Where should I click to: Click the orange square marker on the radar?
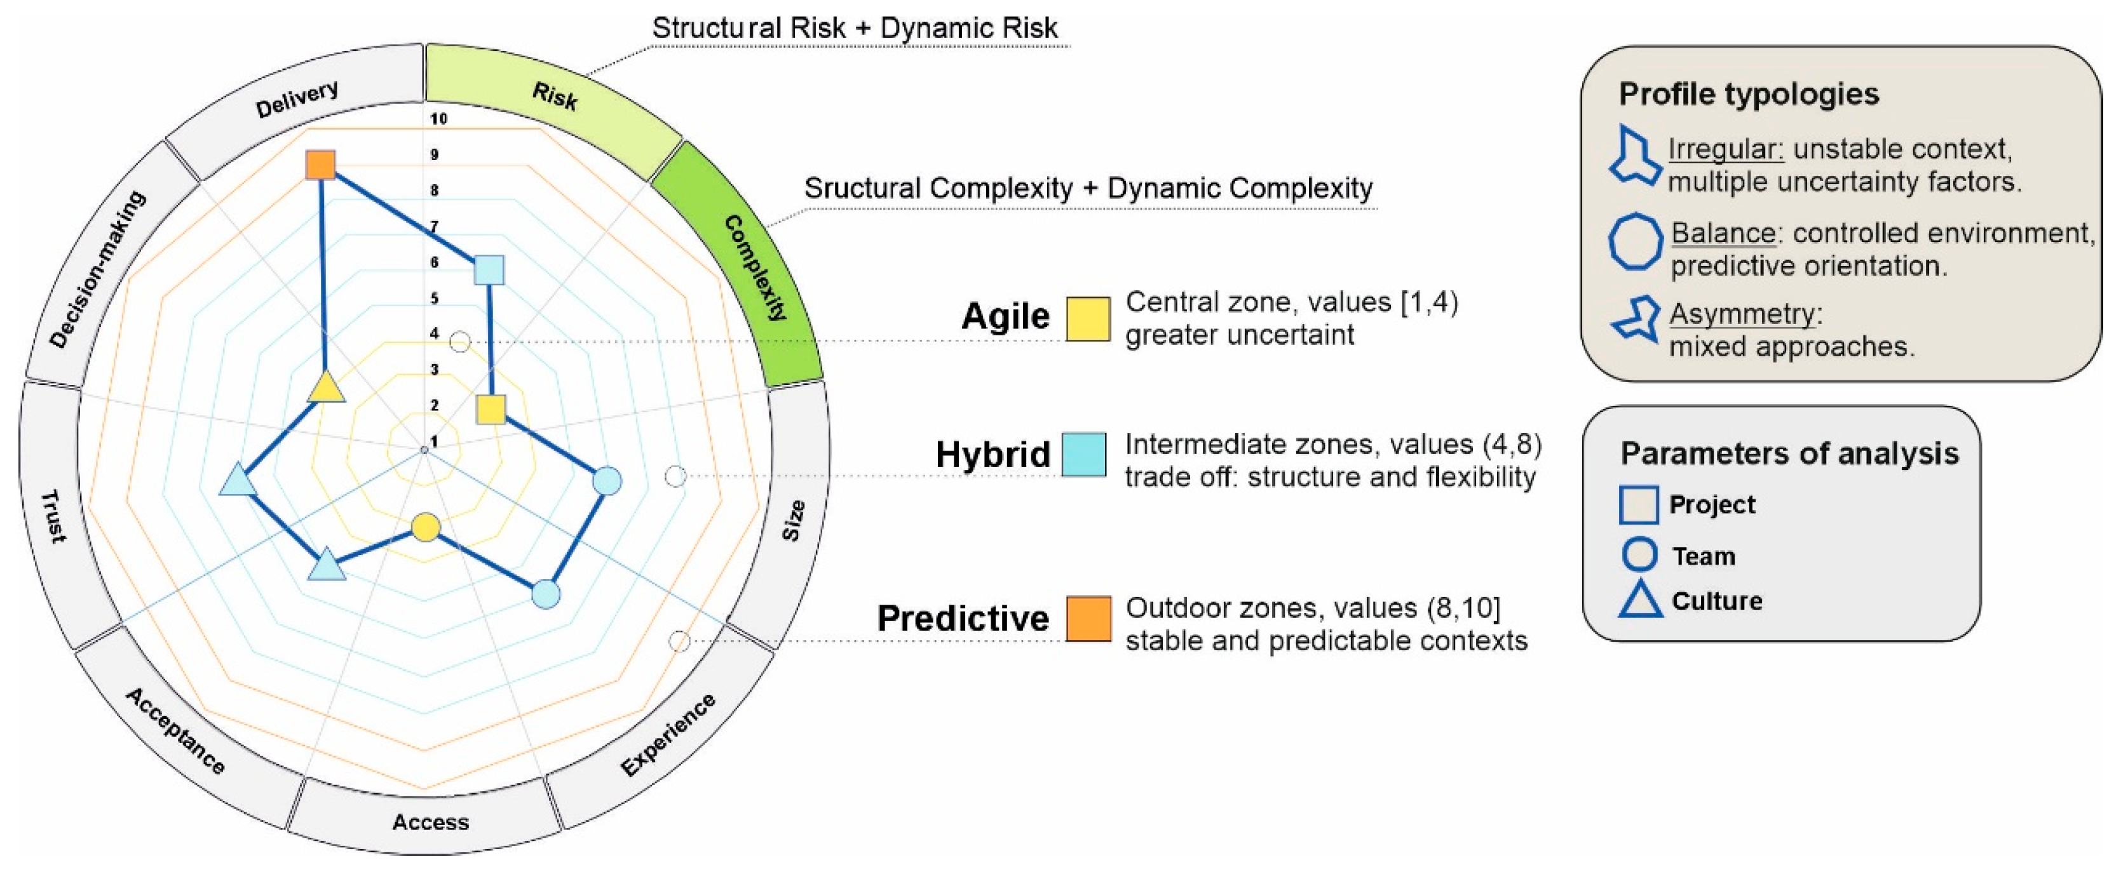click(x=320, y=164)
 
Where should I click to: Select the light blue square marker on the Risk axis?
click(x=490, y=270)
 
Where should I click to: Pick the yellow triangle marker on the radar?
click(x=326, y=387)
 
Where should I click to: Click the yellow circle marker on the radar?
click(x=426, y=527)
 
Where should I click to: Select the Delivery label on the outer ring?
click(x=296, y=99)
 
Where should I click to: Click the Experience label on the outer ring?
click(x=668, y=735)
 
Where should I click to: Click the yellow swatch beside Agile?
click(x=1088, y=319)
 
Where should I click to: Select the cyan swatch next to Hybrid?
click(x=1083, y=454)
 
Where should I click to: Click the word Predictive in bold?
click(x=963, y=618)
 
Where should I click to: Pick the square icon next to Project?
click(x=1639, y=504)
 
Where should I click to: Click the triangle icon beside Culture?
click(x=1640, y=600)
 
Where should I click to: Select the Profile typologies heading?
click(x=1749, y=94)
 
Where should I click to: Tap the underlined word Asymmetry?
click(x=1742, y=314)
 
